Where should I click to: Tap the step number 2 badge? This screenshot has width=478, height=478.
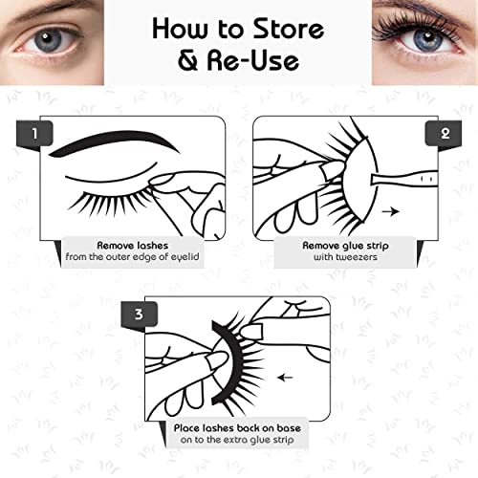pos(444,133)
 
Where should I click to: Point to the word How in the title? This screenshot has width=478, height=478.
pos(188,30)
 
